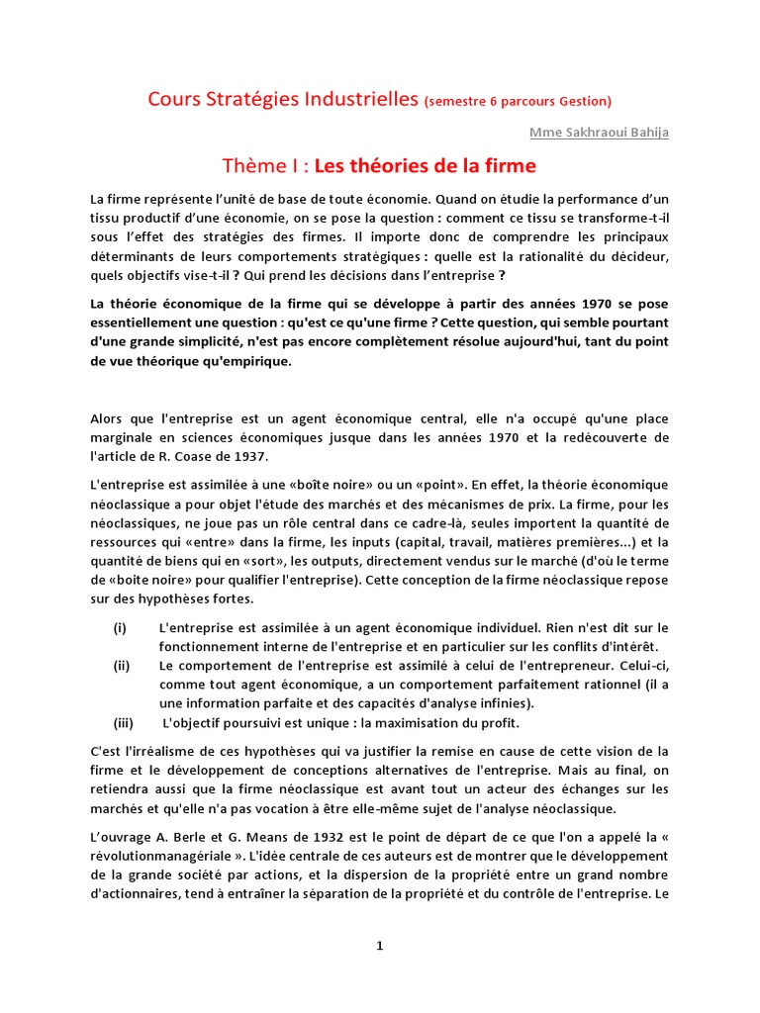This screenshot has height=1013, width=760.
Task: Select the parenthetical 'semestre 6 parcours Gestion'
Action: pyautogui.click(x=518, y=101)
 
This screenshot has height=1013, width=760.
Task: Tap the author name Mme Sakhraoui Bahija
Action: pyautogui.click(x=599, y=133)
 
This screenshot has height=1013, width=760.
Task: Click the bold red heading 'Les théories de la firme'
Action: pyautogui.click(x=426, y=164)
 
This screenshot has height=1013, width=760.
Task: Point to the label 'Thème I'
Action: pyautogui.click(x=264, y=164)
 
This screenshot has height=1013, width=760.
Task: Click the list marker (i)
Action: pyautogui.click(x=120, y=628)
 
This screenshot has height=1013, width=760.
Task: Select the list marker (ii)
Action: pyautogui.click(x=122, y=666)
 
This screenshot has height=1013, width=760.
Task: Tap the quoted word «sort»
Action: pyautogui.click(x=253, y=560)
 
